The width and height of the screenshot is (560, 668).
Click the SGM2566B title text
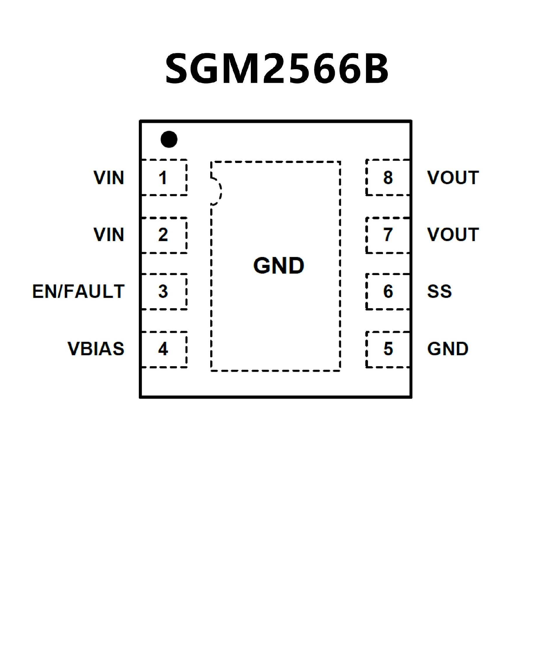pyautogui.click(x=276, y=69)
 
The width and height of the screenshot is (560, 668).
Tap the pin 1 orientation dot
pyautogui.click(x=169, y=139)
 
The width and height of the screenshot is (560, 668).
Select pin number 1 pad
pyautogui.click(x=164, y=178)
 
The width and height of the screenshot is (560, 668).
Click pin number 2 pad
pyautogui.click(x=164, y=235)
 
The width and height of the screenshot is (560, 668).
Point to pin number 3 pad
pyautogui.click(x=164, y=291)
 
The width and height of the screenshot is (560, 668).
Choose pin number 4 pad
pyautogui.click(x=164, y=349)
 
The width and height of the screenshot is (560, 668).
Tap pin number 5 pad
pyautogui.click(x=388, y=349)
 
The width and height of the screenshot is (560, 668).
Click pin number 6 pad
pyautogui.click(x=388, y=291)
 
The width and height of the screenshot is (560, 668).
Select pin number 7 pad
pyautogui.click(x=388, y=235)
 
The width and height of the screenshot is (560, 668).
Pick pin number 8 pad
pyautogui.click(x=388, y=178)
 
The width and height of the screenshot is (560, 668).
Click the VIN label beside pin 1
pyautogui.click(x=109, y=178)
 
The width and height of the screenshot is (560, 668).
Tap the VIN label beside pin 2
pyautogui.click(x=109, y=235)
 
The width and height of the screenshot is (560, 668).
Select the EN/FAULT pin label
pyautogui.click(x=78, y=291)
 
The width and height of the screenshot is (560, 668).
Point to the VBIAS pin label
pyautogui.click(x=96, y=349)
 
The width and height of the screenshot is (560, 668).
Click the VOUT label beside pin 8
pyautogui.click(x=453, y=178)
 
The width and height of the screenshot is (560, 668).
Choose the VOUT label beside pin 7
pyautogui.click(x=453, y=235)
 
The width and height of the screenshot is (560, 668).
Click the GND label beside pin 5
pyautogui.click(x=448, y=349)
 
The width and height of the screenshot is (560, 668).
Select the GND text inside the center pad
pyautogui.click(x=279, y=266)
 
